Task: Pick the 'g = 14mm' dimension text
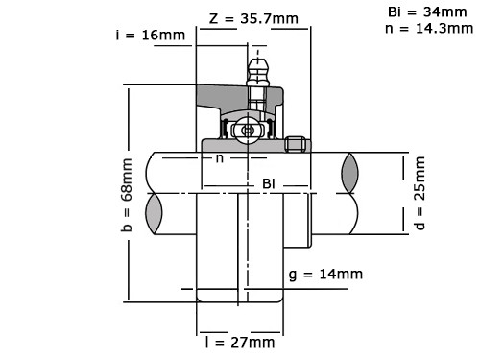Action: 325,274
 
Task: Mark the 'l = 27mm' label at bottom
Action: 240,342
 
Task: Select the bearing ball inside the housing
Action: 249,130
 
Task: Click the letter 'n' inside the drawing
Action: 220,157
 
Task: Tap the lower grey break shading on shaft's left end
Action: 155,211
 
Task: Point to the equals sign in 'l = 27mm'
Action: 222,342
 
